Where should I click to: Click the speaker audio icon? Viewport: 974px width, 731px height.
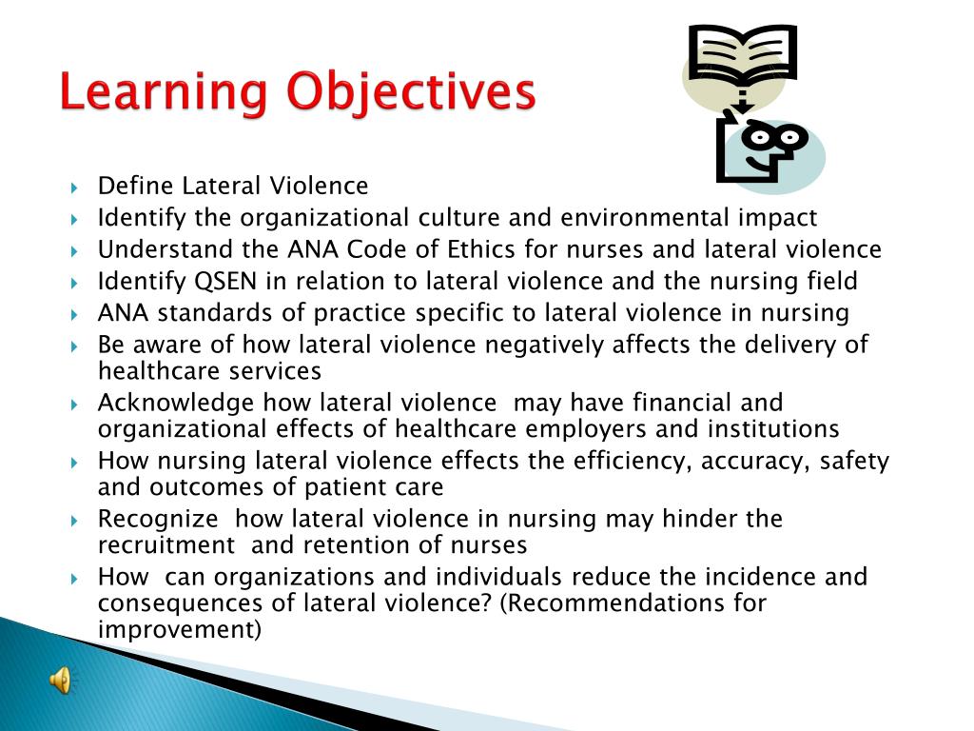60,680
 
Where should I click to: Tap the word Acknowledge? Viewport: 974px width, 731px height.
176,404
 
